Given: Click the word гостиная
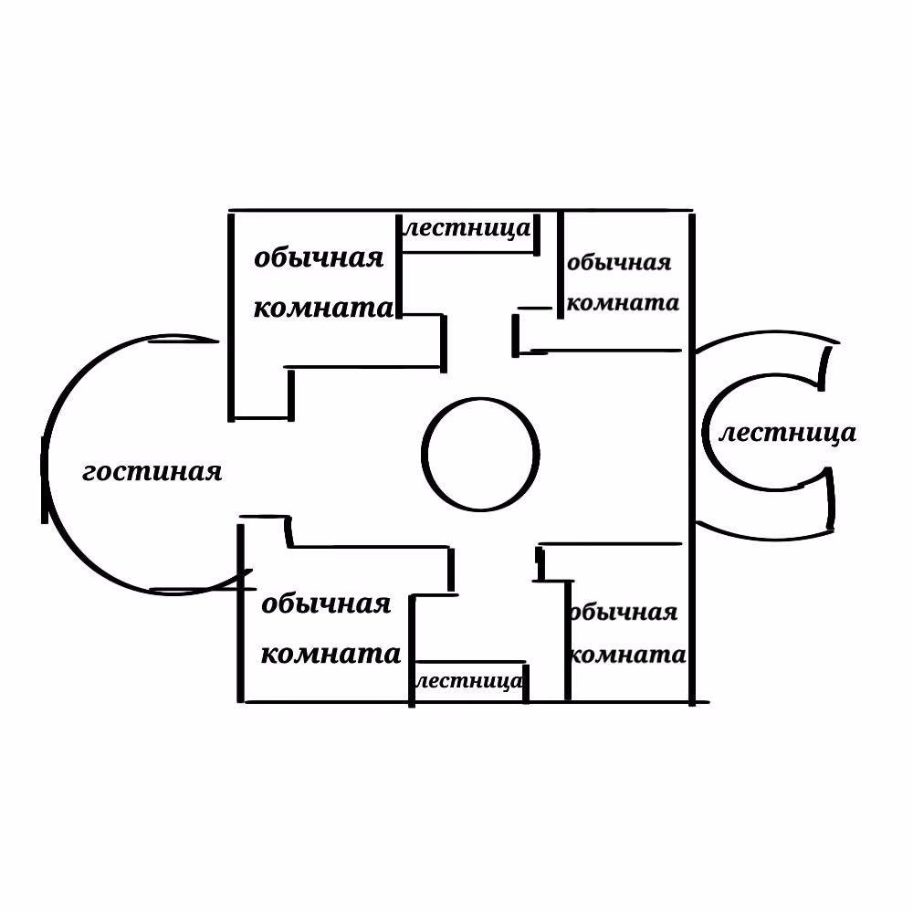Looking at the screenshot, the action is point(152,472).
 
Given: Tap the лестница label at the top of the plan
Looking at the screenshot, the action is point(467,228).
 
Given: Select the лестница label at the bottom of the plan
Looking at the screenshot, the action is point(469,681).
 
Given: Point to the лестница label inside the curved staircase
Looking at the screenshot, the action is point(788,433).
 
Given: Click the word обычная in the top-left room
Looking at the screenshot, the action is point(319,258).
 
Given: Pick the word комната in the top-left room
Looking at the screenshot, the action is point(324,308).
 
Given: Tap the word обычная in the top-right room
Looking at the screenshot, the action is point(619,263).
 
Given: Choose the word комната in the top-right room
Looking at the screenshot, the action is point(623,303).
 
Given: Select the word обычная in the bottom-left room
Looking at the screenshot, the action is point(326,603).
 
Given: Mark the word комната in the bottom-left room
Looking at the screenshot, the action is point(331,654).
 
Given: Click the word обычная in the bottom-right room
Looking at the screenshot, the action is point(623,612).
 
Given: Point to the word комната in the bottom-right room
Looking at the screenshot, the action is point(628,655).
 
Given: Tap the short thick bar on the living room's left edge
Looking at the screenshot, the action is point(44,480).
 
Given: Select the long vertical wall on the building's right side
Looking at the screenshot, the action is point(692,459).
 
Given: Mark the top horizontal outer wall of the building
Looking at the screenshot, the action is point(460,210).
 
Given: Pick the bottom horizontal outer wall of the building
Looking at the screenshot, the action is point(477,702).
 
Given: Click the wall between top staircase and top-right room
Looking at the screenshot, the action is point(561,265).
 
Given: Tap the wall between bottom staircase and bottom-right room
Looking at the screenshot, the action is point(568,641).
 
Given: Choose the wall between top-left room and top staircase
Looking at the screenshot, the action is point(399,266).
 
